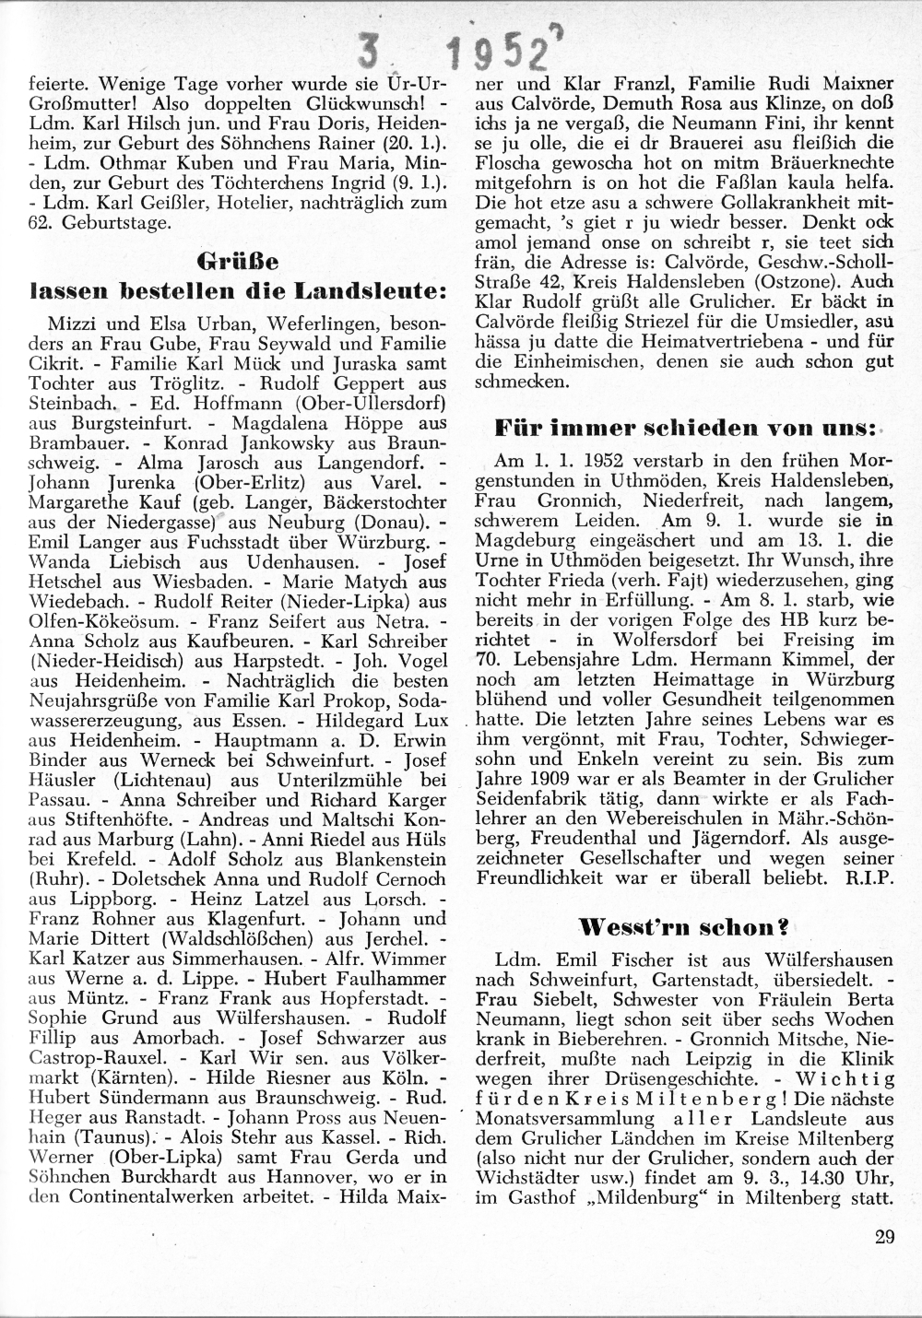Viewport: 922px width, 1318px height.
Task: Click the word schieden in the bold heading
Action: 702,428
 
